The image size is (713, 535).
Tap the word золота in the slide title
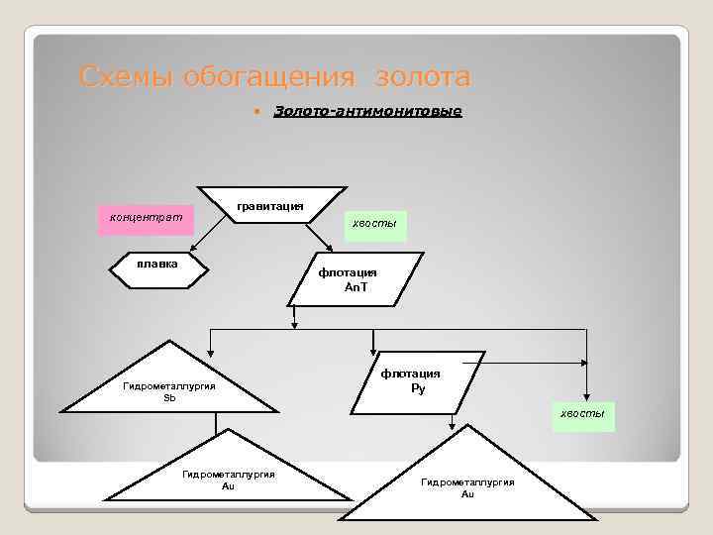coord(416,76)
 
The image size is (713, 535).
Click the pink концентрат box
coord(146,221)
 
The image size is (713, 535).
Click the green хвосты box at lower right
coord(584,415)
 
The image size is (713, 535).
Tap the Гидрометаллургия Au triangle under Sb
coord(229,474)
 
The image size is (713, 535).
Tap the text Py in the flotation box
coord(418,387)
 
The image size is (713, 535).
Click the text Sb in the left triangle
coord(169,396)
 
